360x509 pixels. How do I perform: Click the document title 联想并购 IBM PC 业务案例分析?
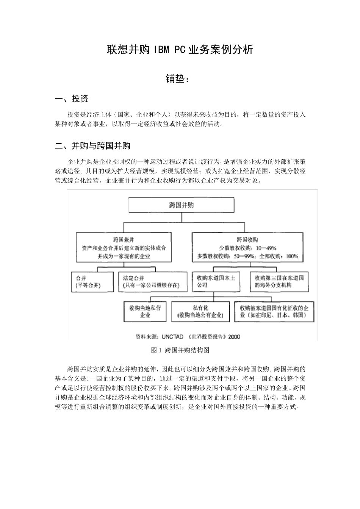click(x=180, y=50)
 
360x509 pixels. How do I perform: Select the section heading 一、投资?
click(x=72, y=99)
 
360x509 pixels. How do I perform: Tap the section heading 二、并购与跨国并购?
click(x=93, y=146)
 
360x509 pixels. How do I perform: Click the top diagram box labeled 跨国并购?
click(x=181, y=205)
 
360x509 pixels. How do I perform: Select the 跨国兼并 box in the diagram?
click(x=124, y=248)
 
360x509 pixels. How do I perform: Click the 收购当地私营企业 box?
click(x=145, y=311)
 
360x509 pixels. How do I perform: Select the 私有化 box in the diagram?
click(x=200, y=311)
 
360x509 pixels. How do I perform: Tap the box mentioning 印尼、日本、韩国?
click(x=274, y=311)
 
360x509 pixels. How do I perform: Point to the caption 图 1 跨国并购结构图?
click(x=180, y=350)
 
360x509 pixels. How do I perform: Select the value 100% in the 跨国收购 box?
click(x=292, y=256)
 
